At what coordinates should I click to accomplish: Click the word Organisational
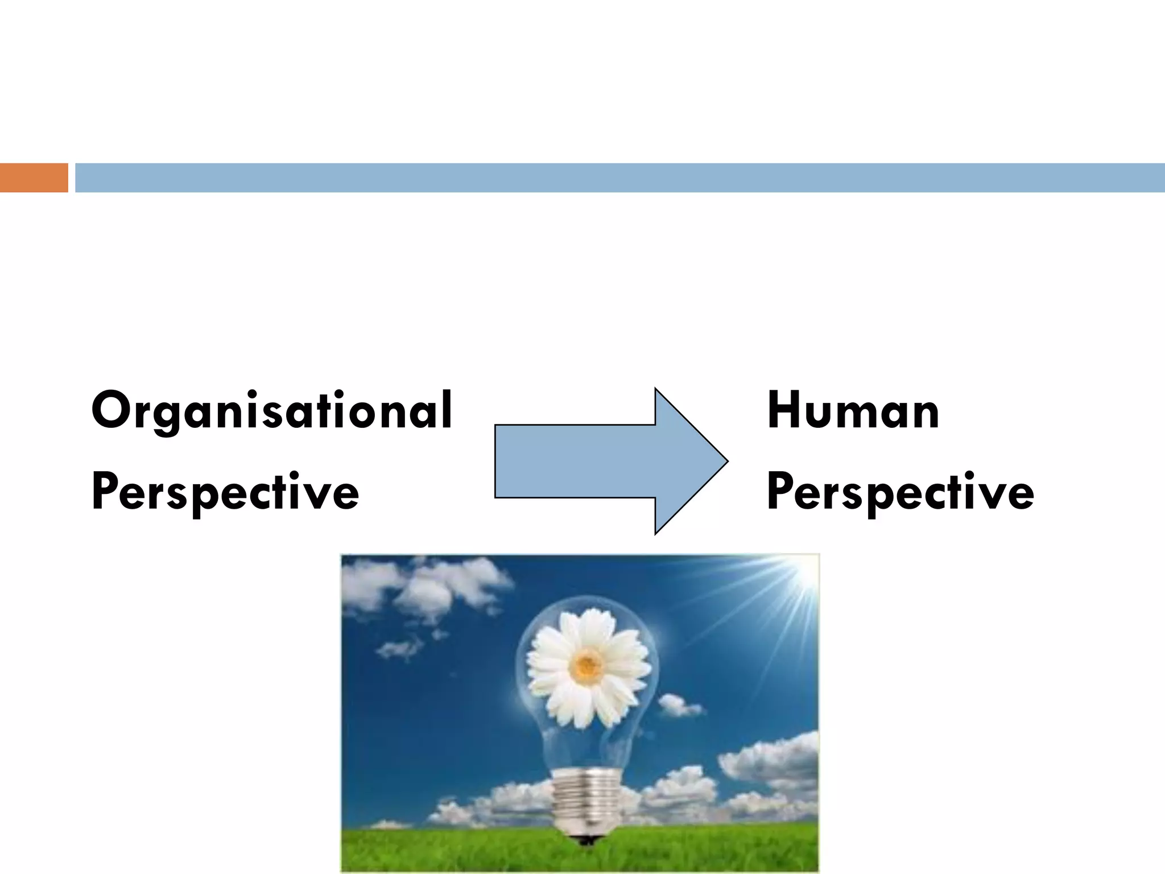coord(272,411)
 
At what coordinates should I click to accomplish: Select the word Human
coord(853,411)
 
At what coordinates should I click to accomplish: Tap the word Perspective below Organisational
coord(225,492)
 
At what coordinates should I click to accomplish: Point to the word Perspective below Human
coord(900,492)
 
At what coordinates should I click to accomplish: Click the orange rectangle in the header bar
coord(34,178)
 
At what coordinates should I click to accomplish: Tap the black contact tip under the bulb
coord(586,839)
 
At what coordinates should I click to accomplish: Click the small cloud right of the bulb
coord(679,706)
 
